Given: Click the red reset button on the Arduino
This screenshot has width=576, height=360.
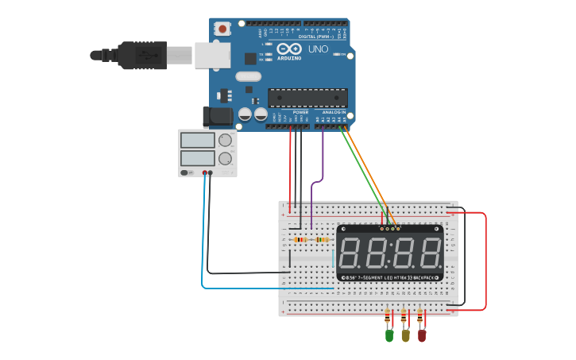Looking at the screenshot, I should [222, 29].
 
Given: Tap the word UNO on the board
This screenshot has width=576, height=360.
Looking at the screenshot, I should [318, 49].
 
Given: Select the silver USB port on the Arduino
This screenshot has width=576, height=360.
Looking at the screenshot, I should [212, 55].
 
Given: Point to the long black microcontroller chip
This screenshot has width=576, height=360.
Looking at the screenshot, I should [307, 98].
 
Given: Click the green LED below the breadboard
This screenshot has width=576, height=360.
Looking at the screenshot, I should [389, 335].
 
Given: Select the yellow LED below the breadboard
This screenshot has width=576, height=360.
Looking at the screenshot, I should [405, 335].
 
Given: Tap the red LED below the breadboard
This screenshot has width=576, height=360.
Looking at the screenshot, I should [422, 335].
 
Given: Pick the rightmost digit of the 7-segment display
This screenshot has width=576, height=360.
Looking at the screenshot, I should [430, 254].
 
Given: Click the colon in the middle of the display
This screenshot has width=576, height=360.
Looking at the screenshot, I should [390, 254].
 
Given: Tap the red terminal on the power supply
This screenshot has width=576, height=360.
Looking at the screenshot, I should [205, 172].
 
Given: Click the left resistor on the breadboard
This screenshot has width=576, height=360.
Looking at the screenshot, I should [300, 239].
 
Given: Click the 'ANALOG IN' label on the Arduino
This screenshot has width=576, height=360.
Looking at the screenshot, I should [334, 113].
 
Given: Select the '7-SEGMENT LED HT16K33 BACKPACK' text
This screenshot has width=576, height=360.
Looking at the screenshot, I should [390, 277].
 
